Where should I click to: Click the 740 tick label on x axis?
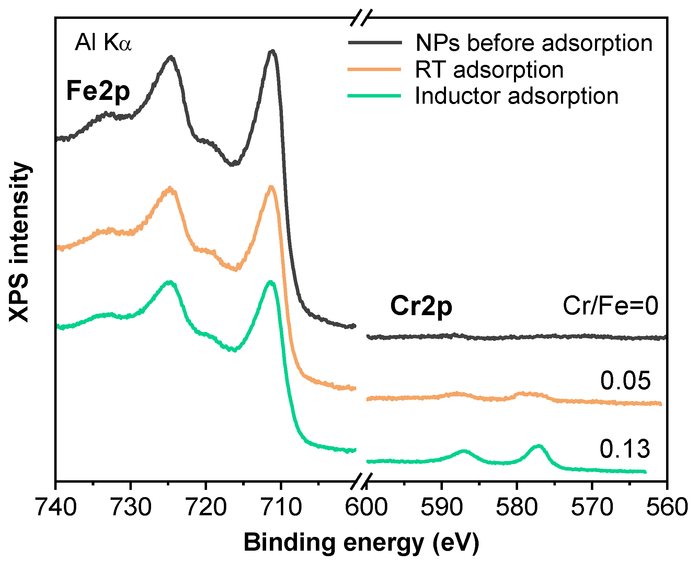(x=56, y=507)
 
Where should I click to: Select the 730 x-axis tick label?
(x=131, y=507)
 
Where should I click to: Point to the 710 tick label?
(x=281, y=507)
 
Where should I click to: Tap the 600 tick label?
(x=366, y=507)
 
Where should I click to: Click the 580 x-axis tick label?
(x=517, y=507)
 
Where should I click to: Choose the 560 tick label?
(x=667, y=507)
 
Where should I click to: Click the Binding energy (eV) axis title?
(x=361, y=543)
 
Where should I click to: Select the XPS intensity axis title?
(x=20, y=242)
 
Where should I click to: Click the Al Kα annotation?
(x=103, y=43)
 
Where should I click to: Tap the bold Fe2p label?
(x=98, y=91)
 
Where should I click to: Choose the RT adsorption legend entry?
(x=489, y=70)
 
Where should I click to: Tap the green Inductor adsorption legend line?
(x=374, y=96)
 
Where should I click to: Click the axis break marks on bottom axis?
(x=361, y=481)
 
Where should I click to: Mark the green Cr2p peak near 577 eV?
(x=538, y=446)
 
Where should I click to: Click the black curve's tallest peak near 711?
(x=272, y=51)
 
